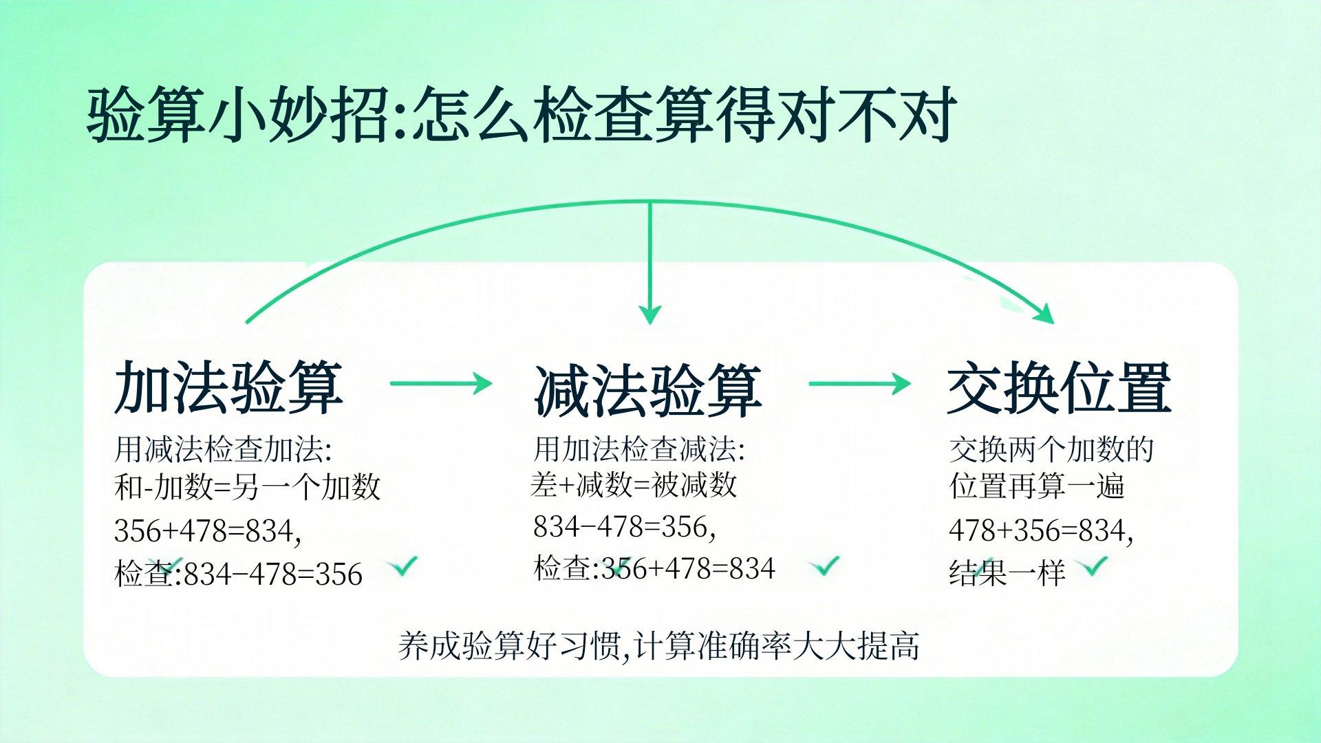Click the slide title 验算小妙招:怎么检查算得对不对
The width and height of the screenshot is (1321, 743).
[x=522, y=114]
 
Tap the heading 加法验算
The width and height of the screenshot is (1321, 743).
[x=228, y=387]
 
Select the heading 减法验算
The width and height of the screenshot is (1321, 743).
[x=647, y=390]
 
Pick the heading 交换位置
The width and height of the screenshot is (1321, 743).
[x=1059, y=388]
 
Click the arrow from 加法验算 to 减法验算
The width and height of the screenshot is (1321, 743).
[x=441, y=383]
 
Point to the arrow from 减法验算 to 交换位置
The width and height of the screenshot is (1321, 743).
[x=859, y=383]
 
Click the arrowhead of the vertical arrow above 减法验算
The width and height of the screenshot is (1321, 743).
[x=649, y=314]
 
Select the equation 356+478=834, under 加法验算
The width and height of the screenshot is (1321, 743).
[x=208, y=531]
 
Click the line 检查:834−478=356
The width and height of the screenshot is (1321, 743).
[x=238, y=573]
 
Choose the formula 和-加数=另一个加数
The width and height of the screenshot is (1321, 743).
[x=247, y=487]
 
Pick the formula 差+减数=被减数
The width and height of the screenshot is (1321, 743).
[x=634, y=484]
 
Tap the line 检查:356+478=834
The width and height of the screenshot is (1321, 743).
[x=654, y=568]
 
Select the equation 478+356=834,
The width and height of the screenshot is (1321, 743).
[x=1041, y=530]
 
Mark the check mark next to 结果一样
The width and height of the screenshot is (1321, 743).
[x=1093, y=566]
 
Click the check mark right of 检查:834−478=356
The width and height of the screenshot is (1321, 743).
[x=402, y=566]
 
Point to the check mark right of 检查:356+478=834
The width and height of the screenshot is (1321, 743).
[x=824, y=565]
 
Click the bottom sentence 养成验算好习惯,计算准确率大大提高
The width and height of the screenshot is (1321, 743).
[x=658, y=646]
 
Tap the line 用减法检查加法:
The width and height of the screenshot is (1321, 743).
[x=224, y=449]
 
